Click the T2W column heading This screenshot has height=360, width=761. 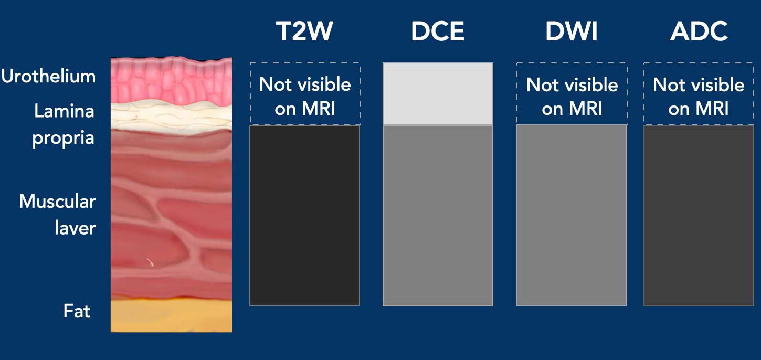pos(304,31)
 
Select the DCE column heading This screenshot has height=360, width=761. pos(437,31)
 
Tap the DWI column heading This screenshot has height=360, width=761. pos(572,31)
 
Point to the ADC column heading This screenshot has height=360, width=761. pos(699,31)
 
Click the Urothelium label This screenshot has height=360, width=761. pos(48,76)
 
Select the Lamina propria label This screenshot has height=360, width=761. pos(64,124)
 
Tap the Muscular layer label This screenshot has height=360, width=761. pos(58,215)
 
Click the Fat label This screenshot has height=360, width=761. pos(77,311)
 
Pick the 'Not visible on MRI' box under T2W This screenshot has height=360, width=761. pos(305,94)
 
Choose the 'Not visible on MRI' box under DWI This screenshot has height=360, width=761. pos(572,94)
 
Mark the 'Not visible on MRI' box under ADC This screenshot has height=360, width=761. pos(699,94)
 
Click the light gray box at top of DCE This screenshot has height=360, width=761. pos(438,94)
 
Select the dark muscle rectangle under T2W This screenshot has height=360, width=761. pos(304,215)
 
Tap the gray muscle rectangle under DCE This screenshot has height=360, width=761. pos(438,215)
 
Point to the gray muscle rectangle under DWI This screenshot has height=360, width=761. pos(572,215)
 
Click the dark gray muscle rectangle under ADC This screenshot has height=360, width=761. pos(699,215)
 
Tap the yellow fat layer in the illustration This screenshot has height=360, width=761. pos(171,316)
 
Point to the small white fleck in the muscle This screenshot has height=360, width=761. pos(150,261)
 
